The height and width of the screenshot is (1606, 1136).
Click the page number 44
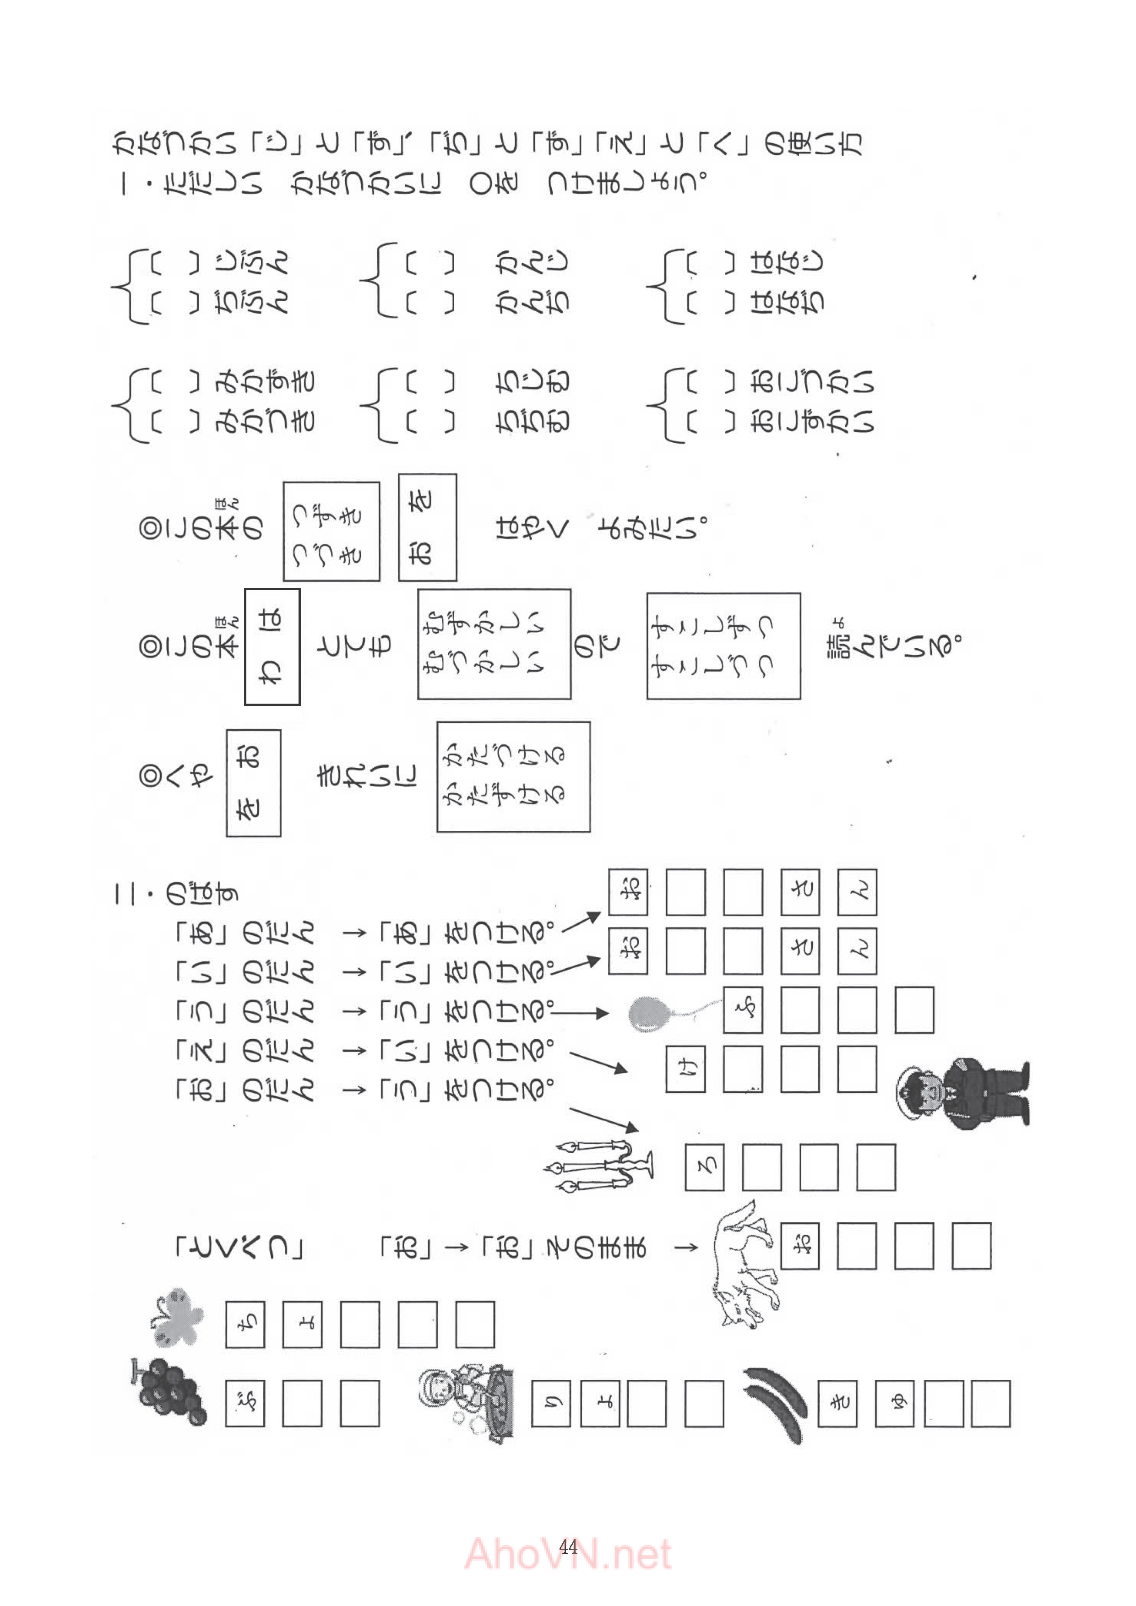click(568, 1546)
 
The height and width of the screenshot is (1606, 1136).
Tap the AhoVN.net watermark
click(568, 1554)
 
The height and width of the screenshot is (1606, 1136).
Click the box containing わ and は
click(272, 646)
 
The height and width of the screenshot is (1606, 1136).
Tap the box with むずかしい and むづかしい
click(494, 644)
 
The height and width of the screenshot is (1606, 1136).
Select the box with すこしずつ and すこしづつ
click(723, 646)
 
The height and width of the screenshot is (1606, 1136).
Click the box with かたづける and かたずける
click(513, 776)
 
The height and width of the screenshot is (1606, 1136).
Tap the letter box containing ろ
click(704, 1167)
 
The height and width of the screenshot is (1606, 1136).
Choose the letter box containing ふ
click(743, 1010)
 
